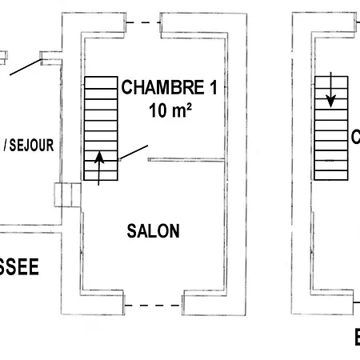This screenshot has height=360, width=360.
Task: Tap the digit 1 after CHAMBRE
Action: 211,88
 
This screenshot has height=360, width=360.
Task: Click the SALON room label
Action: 154,231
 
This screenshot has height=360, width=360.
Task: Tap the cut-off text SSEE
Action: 18,268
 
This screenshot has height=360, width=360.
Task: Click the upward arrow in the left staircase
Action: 99,168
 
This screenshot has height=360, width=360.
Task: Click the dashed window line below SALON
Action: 153,305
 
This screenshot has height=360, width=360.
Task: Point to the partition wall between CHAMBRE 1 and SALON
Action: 186,160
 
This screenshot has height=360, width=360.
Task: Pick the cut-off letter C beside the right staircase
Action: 355,138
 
